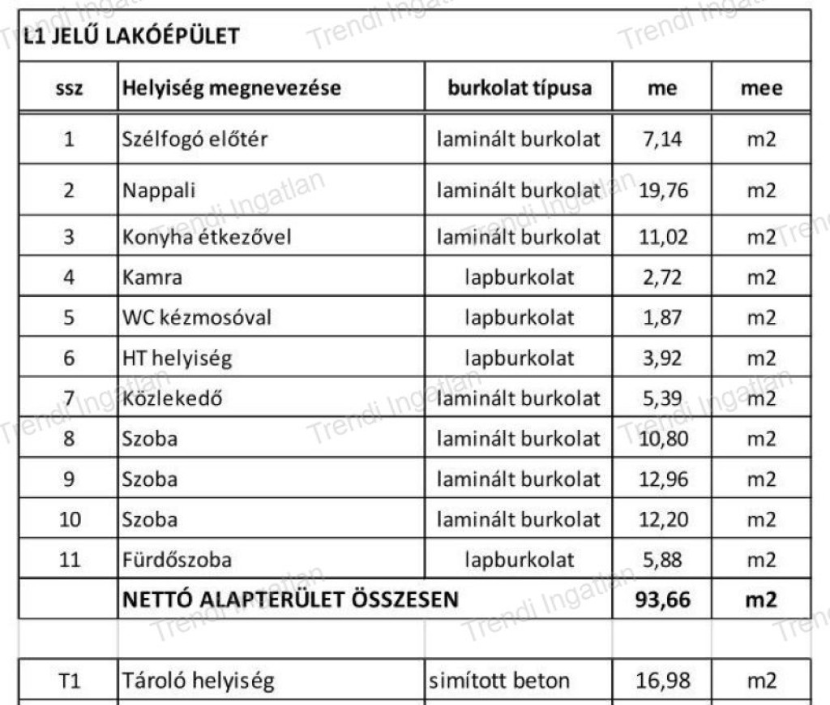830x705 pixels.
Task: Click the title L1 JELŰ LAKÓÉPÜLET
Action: click(131, 37)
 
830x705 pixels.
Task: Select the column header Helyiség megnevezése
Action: click(232, 88)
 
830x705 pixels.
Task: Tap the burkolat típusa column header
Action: click(520, 88)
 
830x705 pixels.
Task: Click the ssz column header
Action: click(69, 88)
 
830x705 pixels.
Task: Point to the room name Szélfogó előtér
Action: click(195, 139)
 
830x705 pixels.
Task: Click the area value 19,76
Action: click(663, 191)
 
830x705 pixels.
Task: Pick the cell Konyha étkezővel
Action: click(207, 237)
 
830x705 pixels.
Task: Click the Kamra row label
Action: click(152, 277)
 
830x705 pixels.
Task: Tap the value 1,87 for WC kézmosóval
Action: click(663, 317)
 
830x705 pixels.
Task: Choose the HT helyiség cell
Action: click(177, 358)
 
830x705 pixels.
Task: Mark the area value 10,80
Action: click(663, 439)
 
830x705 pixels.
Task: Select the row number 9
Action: click(69, 479)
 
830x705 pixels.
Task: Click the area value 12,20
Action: click(663, 519)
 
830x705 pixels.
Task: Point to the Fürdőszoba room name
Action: click(177, 560)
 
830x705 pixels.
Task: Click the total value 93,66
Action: click(663, 600)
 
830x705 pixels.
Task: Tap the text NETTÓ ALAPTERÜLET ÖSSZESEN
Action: click(289, 600)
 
